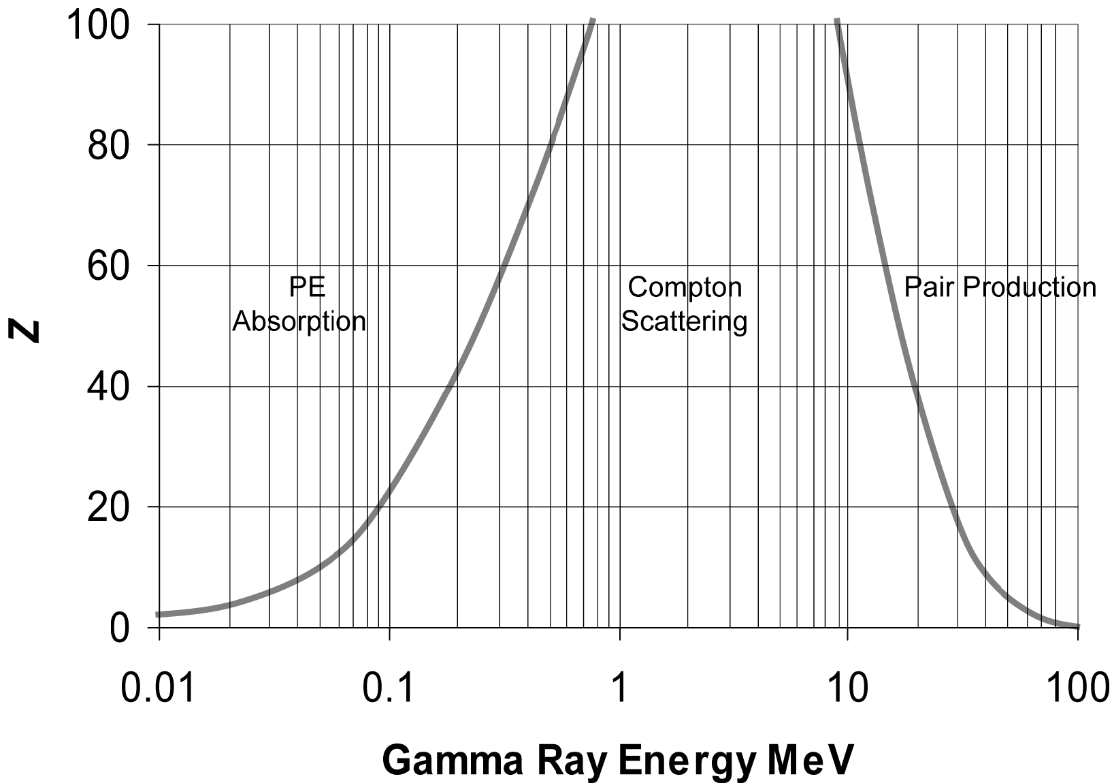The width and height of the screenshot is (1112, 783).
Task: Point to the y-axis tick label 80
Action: [x=109, y=146]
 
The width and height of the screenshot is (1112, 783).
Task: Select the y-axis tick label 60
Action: [x=109, y=266]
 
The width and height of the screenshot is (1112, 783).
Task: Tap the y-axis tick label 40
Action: [x=109, y=387]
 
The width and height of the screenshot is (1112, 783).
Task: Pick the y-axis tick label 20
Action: [x=109, y=507]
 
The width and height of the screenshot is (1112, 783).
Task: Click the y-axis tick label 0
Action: [x=120, y=628]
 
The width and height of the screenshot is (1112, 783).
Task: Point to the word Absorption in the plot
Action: [x=299, y=321]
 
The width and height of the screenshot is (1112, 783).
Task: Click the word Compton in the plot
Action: [x=685, y=287]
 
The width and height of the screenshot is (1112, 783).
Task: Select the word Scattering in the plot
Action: [x=685, y=321]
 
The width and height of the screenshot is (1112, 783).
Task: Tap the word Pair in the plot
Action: [x=929, y=287]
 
